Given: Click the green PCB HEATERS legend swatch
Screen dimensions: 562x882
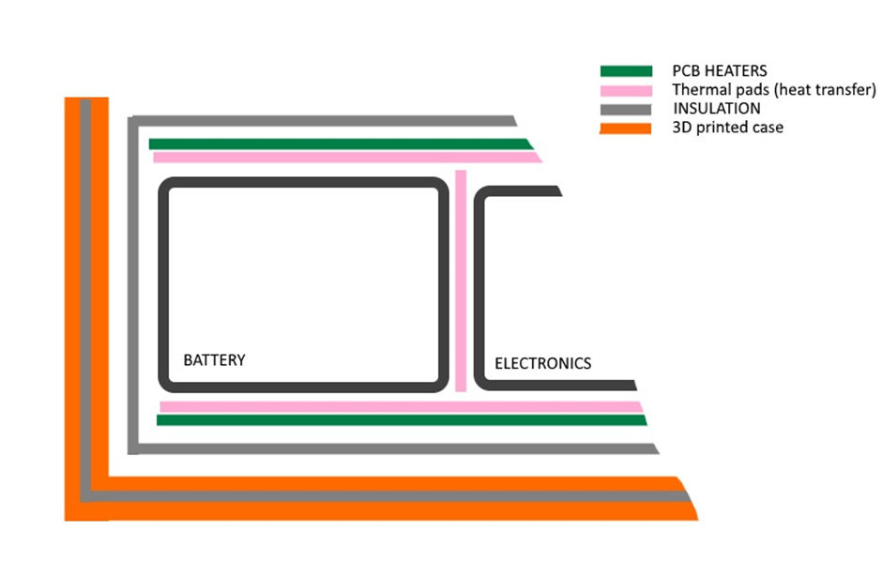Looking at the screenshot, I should click(626, 71).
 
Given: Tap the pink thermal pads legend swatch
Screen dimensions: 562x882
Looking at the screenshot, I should click(626, 90).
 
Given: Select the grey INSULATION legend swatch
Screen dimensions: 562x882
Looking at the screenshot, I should click(626, 109).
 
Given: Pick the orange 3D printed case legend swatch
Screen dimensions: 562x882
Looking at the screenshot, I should click(626, 128).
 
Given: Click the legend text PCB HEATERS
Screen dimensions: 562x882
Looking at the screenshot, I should click(720, 71).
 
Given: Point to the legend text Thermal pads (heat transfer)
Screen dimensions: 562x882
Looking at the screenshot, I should click(774, 90).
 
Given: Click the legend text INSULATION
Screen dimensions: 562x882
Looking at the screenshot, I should click(716, 109).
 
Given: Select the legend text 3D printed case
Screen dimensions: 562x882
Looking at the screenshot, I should click(727, 128).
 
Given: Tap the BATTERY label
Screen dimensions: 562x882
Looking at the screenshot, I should click(214, 360).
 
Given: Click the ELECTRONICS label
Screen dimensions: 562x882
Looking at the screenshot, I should click(542, 363).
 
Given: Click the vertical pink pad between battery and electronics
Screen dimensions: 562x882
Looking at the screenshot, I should click(461, 281).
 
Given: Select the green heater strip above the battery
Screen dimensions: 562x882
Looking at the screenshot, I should click(338, 144).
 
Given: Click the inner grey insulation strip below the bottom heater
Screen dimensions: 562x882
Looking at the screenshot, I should click(394, 448).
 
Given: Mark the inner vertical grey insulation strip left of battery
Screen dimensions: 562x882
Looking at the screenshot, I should click(133, 281).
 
